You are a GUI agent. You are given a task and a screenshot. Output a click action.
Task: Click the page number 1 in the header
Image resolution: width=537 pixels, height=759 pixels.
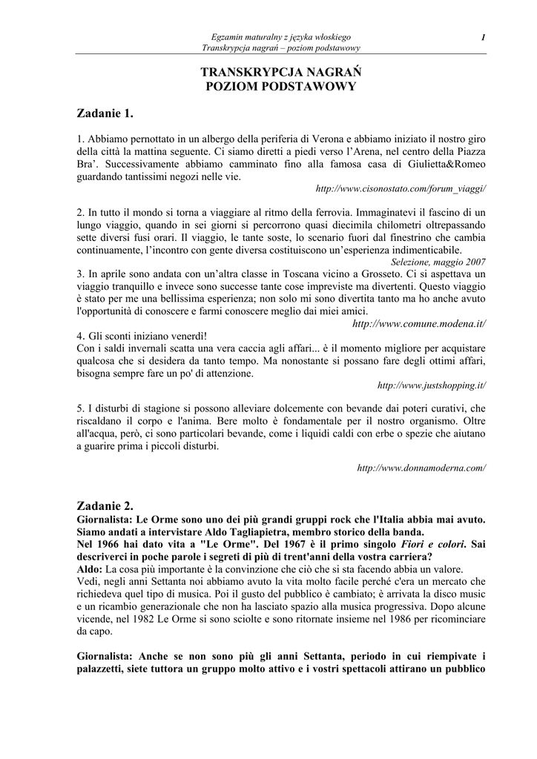click(x=483, y=37)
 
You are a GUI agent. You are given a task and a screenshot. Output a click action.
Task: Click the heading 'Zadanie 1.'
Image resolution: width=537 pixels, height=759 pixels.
click(x=105, y=113)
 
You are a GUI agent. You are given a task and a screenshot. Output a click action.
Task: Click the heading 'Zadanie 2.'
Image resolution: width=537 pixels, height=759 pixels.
click(x=105, y=506)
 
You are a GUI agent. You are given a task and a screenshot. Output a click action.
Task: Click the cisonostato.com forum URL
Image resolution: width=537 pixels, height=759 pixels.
click(x=401, y=189)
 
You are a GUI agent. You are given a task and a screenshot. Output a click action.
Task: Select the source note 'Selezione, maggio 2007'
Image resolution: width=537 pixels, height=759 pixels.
click(x=438, y=262)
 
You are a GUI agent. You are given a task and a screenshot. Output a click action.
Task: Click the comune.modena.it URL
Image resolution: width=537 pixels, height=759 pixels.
click(x=419, y=324)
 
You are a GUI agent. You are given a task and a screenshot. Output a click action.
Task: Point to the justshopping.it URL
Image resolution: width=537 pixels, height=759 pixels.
click(x=432, y=385)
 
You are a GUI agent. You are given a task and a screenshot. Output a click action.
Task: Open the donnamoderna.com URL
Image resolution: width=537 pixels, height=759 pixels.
click(x=421, y=468)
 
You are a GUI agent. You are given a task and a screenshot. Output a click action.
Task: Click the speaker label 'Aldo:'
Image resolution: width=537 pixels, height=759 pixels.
click(x=90, y=569)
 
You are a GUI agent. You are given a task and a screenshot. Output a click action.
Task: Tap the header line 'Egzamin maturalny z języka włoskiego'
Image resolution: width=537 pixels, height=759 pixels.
click(x=280, y=37)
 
